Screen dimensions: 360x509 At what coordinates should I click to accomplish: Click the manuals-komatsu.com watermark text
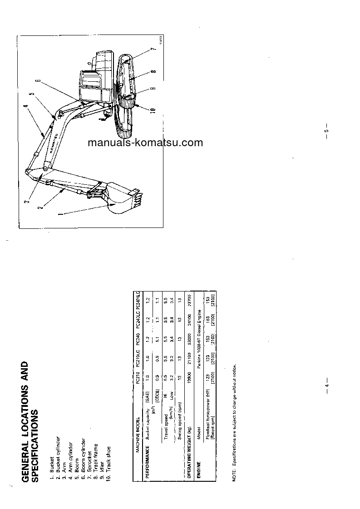(x=145, y=143)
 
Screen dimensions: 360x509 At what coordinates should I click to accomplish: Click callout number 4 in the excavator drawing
(x=26, y=108)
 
